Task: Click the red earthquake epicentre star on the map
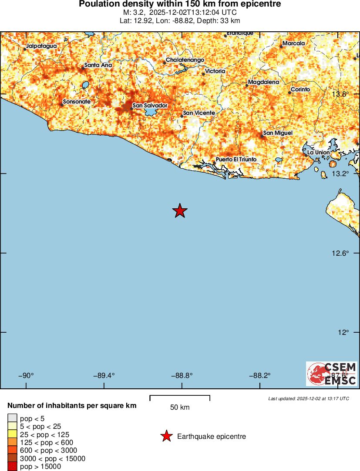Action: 180,211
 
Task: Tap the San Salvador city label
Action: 150,105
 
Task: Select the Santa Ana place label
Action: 98,65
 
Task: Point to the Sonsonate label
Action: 77,102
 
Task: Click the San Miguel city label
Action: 278,133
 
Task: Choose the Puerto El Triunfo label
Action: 236,160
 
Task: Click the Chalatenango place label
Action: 185,60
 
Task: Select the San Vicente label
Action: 199,113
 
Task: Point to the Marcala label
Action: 294,43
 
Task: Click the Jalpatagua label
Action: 41,46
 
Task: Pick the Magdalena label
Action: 263,82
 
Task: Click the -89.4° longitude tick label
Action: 104,376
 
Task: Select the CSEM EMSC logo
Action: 332,374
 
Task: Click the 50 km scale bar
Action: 180,397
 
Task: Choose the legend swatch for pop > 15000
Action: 12,467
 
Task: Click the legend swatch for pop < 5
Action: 12,418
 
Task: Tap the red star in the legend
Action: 166,436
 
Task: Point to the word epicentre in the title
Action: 258,4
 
